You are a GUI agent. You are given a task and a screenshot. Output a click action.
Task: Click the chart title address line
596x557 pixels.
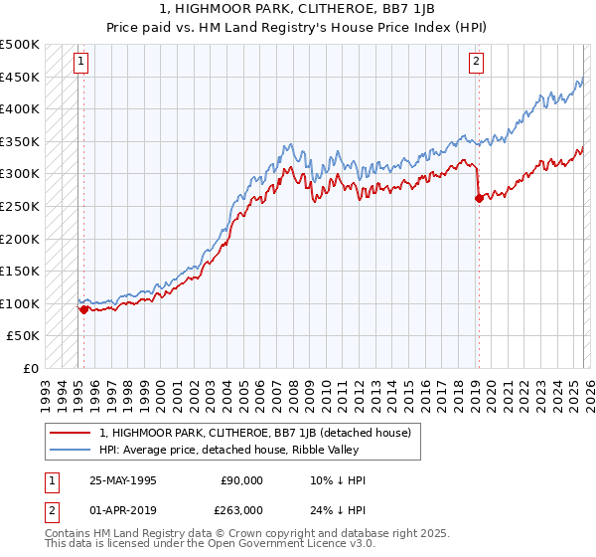298,8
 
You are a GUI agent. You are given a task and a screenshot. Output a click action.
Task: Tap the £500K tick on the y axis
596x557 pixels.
21,45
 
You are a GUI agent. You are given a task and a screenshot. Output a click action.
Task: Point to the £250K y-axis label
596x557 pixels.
21,206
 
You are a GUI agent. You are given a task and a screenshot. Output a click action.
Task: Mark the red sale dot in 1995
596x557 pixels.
84,309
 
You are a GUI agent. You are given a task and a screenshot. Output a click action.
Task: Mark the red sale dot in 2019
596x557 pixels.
479,198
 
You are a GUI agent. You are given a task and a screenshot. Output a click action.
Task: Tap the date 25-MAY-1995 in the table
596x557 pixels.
122,480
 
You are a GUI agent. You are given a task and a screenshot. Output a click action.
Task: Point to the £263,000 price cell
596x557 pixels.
241,510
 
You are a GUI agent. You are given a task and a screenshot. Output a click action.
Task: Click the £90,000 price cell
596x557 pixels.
241,480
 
